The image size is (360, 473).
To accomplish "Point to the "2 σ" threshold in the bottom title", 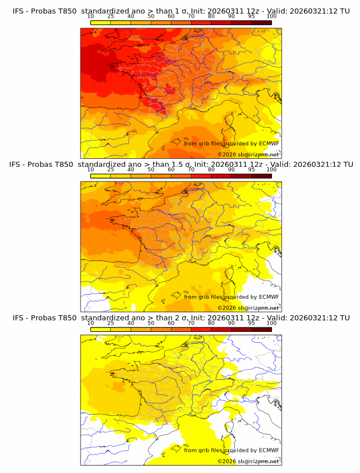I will click(x=178, y=318).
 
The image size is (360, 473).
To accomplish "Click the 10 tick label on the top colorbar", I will click(x=91, y=17).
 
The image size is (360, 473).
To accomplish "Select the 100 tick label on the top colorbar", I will click(x=271, y=17).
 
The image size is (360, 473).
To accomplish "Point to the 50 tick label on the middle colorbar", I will click(x=151, y=170).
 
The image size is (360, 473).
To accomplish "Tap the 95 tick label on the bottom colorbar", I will click(x=251, y=323).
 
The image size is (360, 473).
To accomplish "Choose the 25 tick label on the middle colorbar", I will click(x=111, y=170).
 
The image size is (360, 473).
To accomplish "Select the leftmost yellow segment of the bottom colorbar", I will click(x=101, y=329).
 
